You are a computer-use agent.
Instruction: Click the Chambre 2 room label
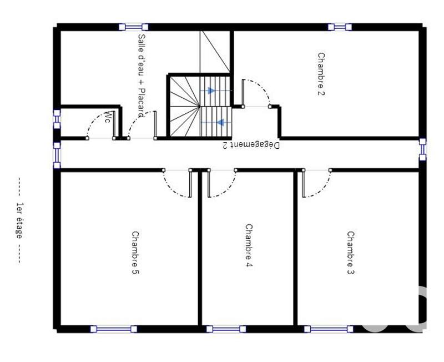point(321,74)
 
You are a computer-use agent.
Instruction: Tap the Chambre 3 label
point(351,253)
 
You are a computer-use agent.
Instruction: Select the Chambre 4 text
point(249,243)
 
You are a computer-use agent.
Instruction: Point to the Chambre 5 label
point(135,253)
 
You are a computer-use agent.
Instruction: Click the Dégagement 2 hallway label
point(251,145)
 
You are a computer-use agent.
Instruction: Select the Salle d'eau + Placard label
point(141,76)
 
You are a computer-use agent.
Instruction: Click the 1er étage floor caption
point(19,220)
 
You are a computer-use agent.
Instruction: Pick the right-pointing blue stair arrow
point(211,90)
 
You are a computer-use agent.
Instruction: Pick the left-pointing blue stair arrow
point(220,122)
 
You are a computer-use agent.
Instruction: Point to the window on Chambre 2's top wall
point(339,27)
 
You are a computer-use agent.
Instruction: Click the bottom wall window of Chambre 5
point(113,329)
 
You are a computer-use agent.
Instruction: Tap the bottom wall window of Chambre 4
point(226,329)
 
